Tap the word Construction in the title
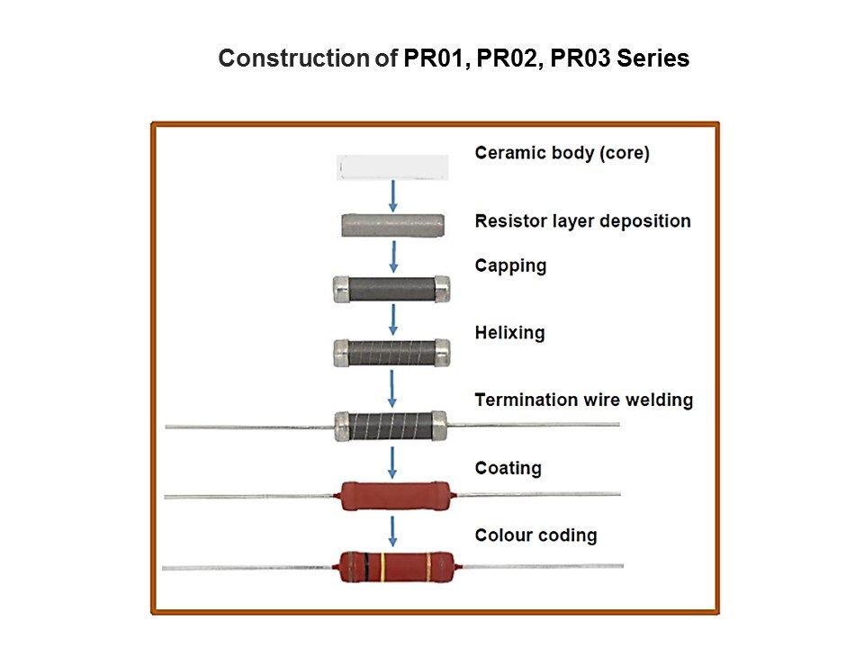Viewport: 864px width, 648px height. pos(283,59)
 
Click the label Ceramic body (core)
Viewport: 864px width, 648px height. pos(562,153)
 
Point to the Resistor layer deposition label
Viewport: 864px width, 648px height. pos(582,221)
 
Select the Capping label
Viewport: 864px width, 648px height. pos(510,266)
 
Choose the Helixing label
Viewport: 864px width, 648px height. pos(509,333)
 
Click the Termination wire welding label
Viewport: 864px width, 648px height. pos(583,400)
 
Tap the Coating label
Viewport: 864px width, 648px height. pos(508,468)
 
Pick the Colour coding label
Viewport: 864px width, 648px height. pos(535,535)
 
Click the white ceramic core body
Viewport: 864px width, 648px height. pos(392,167)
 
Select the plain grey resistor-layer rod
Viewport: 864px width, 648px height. pos(392,225)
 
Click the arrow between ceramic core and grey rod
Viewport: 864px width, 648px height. pos(392,196)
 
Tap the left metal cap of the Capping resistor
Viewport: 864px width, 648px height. pos(341,289)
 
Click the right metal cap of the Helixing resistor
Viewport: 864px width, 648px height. pos(442,353)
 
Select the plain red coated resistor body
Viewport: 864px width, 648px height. pos(392,496)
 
